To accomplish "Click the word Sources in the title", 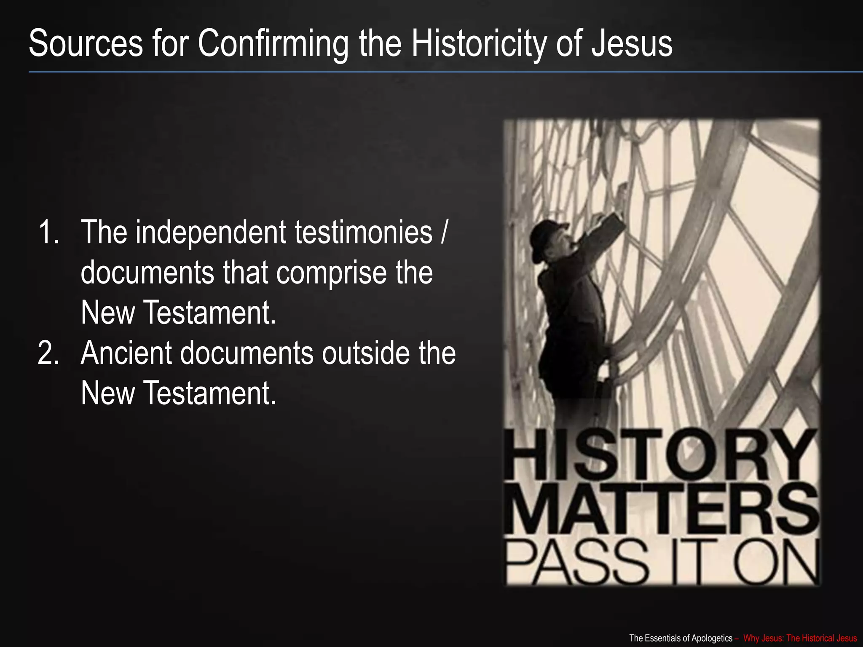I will tap(86, 43).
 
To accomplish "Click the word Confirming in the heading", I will tap(273, 43).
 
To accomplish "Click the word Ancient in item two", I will tap(126, 353).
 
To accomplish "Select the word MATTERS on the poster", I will tap(662, 511).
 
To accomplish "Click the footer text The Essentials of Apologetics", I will tap(681, 638).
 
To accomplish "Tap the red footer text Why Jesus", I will tap(762, 638).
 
